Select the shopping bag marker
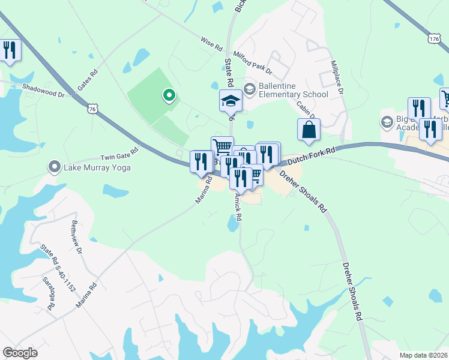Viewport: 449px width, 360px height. click(x=309, y=130)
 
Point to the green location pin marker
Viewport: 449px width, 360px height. click(x=169, y=95)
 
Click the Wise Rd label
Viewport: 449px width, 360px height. click(x=211, y=44)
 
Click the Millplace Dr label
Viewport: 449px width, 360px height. click(x=336, y=76)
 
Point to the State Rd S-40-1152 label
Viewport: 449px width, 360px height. click(x=58, y=267)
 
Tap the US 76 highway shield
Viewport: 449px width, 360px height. click(x=92, y=109)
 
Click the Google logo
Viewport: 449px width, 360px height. click(x=20, y=353)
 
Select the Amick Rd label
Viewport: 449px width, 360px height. click(x=238, y=206)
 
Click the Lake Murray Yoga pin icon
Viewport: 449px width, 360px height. click(x=55, y=166)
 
